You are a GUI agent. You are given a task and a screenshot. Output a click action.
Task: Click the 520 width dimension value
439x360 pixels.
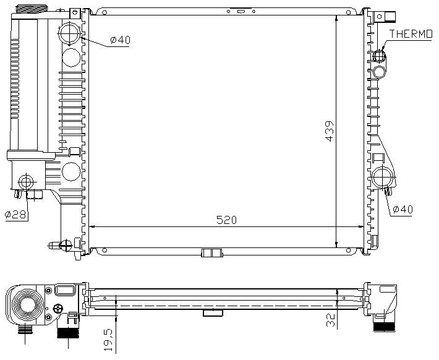(x=226, y=220)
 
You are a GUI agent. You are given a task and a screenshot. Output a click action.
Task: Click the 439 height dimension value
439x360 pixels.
(x=330, y=131)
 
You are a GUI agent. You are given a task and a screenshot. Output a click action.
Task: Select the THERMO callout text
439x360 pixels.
(x=411, y=34)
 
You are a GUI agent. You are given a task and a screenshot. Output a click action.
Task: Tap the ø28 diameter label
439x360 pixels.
(x=15, y=215)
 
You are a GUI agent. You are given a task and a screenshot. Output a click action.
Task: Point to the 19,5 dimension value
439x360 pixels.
(x=108, y=340)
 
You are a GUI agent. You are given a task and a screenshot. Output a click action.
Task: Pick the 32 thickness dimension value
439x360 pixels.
(x=331, y=320)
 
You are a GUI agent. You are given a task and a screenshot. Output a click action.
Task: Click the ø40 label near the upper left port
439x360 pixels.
(x=120, y=40)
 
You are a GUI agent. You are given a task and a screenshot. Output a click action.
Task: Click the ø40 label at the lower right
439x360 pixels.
(x=403, y=209)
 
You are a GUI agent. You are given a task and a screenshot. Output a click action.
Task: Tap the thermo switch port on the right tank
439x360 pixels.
(x=379, y=56)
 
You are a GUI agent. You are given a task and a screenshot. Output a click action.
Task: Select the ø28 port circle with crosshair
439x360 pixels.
(x=26, y=182)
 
